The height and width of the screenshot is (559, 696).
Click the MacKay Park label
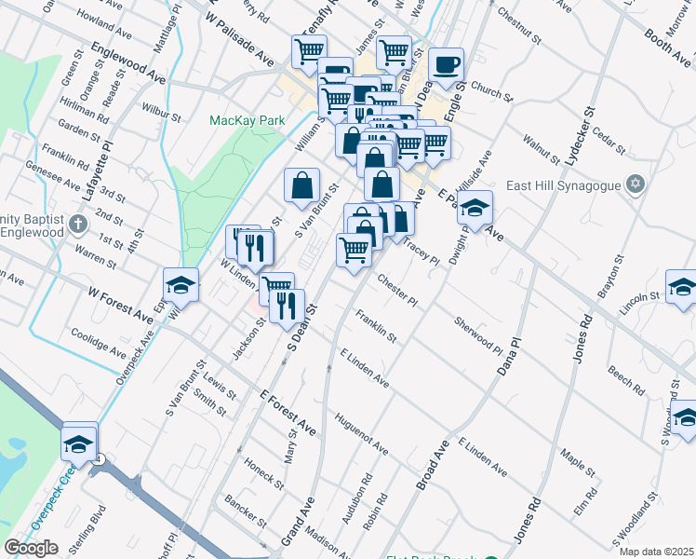click(x=247, y=120)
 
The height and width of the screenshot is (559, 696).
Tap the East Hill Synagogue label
click(x=562, y=184)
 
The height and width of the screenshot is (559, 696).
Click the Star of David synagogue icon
click(x=636, y=182)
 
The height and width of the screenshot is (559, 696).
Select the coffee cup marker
click(x=446, y=64)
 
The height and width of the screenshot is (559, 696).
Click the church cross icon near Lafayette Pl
click(x=78, y=224)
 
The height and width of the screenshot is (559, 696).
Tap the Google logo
click(x=31, y=548)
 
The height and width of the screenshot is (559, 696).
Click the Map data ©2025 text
click(x=657, y=552)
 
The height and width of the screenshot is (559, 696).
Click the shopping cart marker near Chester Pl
click(x=354, y=249)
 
